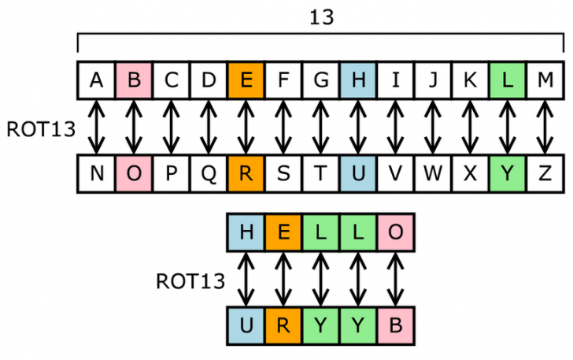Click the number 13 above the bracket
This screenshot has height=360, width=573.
coord(320,17)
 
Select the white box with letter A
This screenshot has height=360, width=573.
coord(96,80)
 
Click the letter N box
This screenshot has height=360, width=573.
coord(96,173)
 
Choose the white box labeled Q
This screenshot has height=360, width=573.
coord(209,173)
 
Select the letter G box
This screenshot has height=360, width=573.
coord(320,80)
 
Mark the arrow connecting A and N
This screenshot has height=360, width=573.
coord(96,126)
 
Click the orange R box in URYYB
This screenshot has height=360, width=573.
coord(283,325)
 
